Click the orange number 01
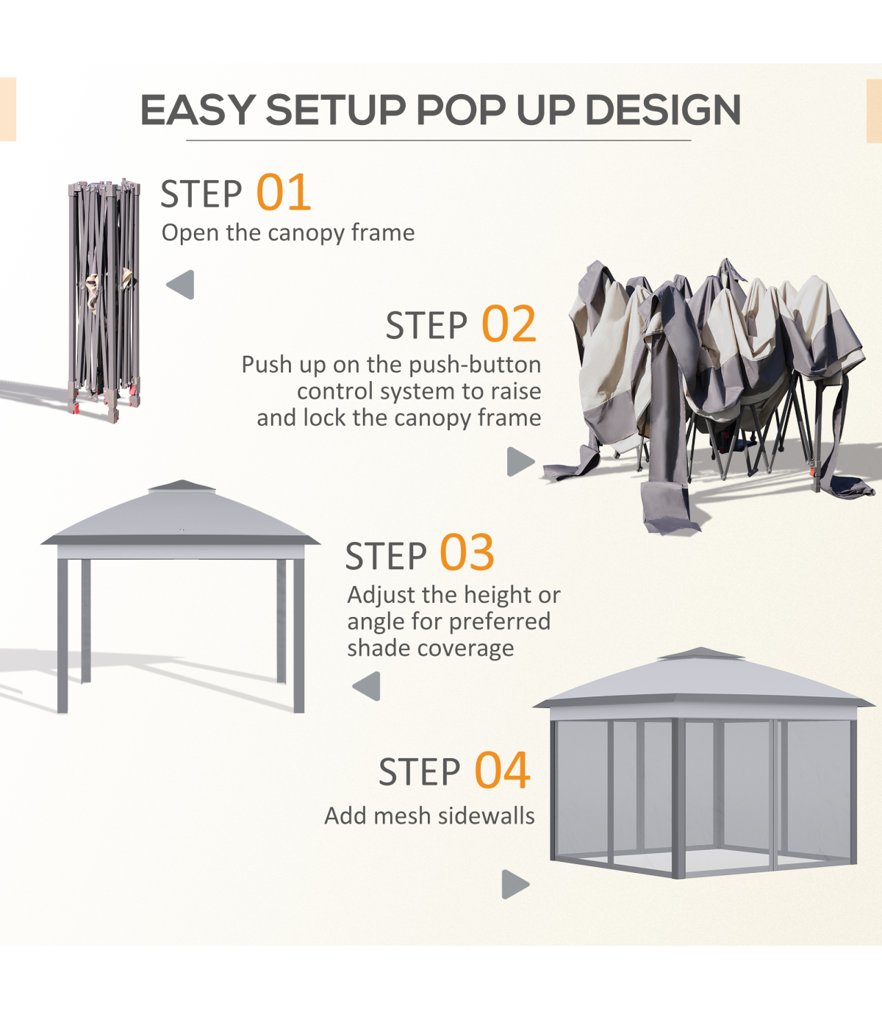coord(283,193)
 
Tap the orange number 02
coord(509,324)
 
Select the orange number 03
coord(467,552)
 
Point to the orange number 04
coord(502,770)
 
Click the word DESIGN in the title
coord(663,110)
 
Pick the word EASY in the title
coord(198,110)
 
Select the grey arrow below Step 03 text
coord(366,686)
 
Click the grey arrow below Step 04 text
coord(515,884)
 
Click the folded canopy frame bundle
coord(104,301)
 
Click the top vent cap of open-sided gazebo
coord(182,485)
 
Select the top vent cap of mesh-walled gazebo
coord(700,654)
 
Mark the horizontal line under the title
coord(439,140)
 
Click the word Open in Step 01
coord(190,233)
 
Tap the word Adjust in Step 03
coord(381,596)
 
